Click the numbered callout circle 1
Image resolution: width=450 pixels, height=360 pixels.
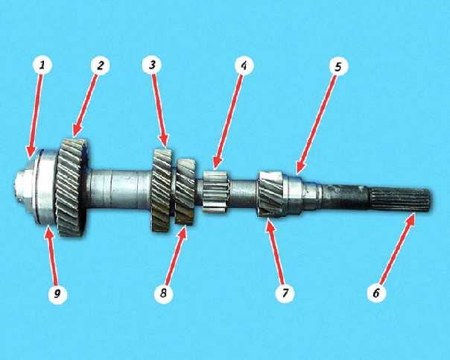42,65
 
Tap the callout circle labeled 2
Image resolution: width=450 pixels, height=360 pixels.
100,65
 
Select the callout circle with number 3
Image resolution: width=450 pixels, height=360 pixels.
152,65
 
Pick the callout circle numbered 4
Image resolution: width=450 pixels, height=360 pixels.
244,66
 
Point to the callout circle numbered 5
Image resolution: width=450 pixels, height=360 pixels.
338,66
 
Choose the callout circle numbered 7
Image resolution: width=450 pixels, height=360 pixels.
285,293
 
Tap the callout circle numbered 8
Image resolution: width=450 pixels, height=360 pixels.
164,293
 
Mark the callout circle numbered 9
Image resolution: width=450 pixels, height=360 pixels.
57,294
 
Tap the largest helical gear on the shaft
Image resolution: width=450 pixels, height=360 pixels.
72,187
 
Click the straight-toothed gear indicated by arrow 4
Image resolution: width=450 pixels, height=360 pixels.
216,192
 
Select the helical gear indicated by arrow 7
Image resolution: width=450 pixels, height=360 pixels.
271,194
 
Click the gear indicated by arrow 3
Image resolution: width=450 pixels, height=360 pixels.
162,190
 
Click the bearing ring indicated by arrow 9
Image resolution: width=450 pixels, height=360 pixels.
46,187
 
